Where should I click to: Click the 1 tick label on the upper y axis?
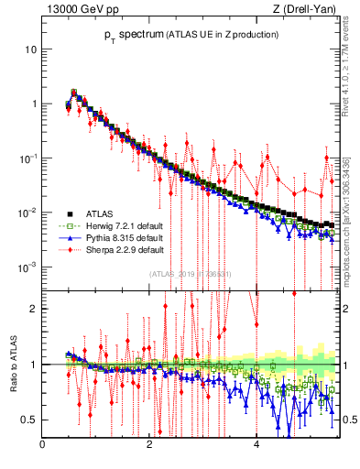click(34, 104)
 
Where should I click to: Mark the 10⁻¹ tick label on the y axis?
click(28, 158)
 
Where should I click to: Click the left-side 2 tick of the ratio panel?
click(34, 309)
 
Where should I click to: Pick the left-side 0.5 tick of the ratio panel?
click(30, 420)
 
